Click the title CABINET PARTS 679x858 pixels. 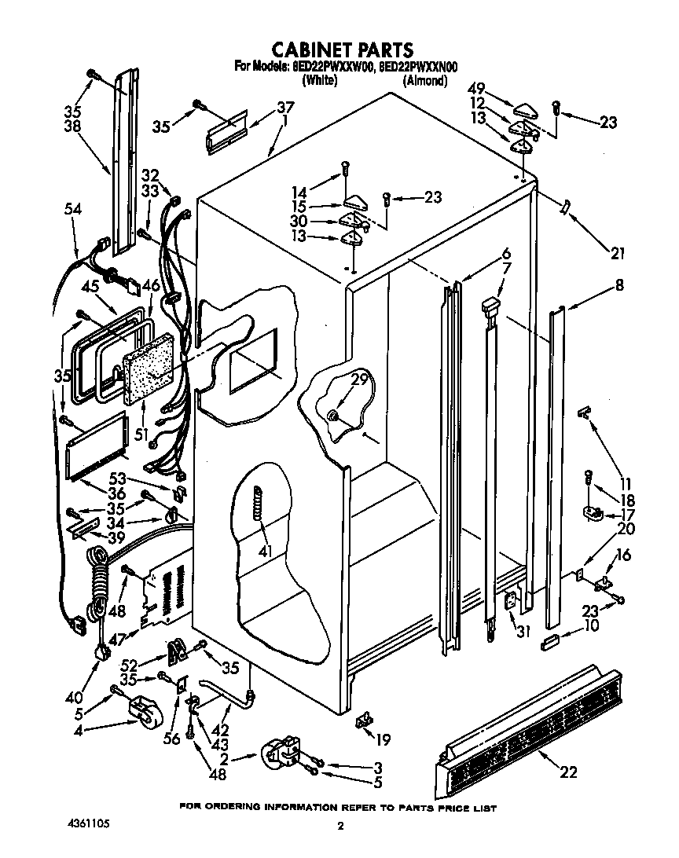click(341, 51)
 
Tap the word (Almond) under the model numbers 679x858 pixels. click(424, 80)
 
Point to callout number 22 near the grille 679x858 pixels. click(568, 772)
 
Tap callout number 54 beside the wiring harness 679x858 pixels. click(72, 210)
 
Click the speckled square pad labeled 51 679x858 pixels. click(148, 367)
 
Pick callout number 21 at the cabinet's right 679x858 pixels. click(618, 252)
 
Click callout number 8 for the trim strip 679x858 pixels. click(619, 287)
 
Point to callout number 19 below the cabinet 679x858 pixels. click(383, 739)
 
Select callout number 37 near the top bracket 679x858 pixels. click(284, 108)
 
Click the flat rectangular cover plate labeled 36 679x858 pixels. click(97, 447)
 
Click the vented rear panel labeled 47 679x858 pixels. click(163, 593)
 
